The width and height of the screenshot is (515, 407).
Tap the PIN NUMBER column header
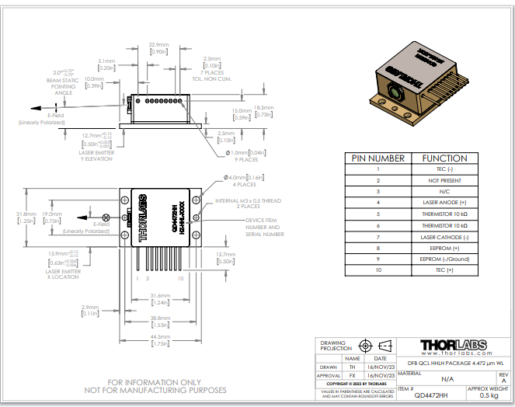pyautogui.click(x=378, y=158)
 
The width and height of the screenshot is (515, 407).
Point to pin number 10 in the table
pyautogui.click(x=378, y=270)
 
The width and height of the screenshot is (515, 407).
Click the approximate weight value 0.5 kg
pyautogui.click(x=489, y=396)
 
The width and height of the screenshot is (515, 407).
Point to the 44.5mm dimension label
pyautogui.click(x=161, y=336)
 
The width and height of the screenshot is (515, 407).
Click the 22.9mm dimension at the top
pyautogui.click(x=159, y=45)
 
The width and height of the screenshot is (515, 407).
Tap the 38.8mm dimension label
pyautogui.click(x=160, y=318)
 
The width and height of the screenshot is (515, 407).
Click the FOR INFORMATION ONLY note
pyautogui.click(x=166, y=382)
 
